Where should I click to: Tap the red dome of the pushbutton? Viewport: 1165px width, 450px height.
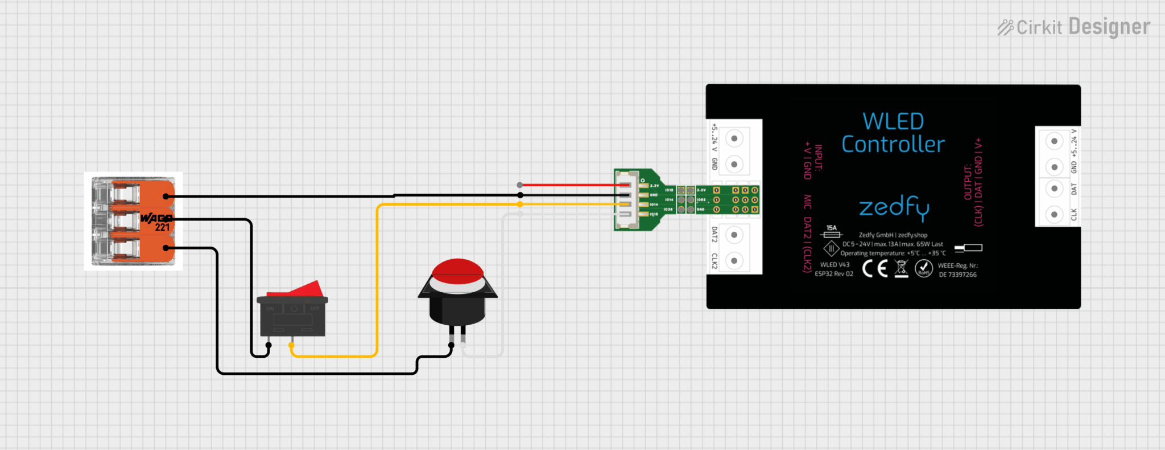coord(457,269)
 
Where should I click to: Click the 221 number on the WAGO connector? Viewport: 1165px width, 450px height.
coord(163,227)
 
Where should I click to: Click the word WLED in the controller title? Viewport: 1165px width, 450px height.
coord(893,121)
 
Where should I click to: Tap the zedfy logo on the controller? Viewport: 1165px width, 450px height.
coord(894,207)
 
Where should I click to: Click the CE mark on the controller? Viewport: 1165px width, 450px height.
coord(875,268)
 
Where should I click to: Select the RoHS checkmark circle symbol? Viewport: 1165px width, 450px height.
coord(923,268)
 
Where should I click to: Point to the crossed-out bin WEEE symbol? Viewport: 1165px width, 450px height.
coord(901,268)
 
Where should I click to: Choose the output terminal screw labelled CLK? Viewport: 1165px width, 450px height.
coord(1054,215)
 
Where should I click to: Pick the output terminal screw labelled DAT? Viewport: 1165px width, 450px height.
coord(1054,189)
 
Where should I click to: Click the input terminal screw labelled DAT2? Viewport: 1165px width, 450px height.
coord(734,235)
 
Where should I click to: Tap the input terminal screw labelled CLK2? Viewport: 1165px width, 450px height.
coord(734,261)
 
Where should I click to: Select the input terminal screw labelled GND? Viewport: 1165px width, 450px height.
coord(734,165)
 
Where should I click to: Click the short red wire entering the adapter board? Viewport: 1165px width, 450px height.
coord(569,185)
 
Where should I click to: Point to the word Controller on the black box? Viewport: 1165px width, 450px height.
coord(893,145)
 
